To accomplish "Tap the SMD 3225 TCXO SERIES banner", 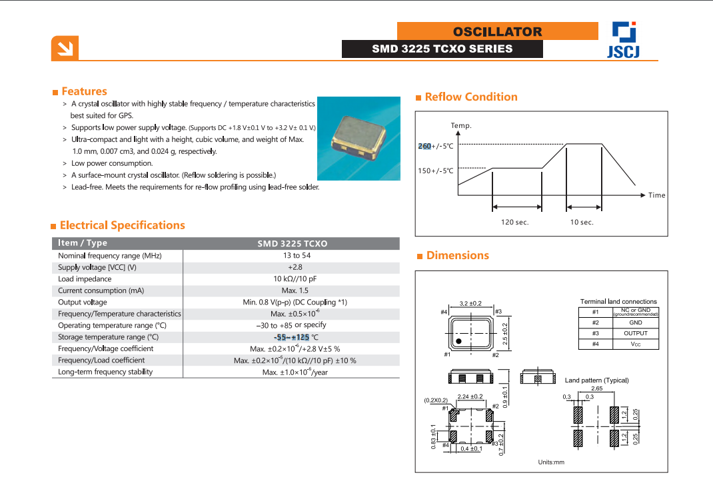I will (x=442, y=49).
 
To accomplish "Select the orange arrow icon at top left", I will (x=65, y=48).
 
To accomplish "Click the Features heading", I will (x=84, y=91).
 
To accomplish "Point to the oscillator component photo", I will (x=358, y=139).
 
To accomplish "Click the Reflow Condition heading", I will (x=470, y=97).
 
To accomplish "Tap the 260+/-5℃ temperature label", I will (x=435, y=146).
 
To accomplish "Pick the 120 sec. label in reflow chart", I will (x=514, y=222).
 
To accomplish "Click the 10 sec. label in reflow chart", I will (x=581, y=222).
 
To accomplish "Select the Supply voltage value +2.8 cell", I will (x=296, y=267).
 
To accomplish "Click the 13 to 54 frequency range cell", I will (x=296, y=255).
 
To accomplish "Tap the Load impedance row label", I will (x=85, y=278).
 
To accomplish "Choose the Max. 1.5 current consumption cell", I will (x=296, y=290).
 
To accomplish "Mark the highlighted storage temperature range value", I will (x=292, y=337).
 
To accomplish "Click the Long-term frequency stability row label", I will (x=105, y=372).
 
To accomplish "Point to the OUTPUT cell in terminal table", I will (x=635, y=333).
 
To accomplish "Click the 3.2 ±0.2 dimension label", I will (x=470, y=303).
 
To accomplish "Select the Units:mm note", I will (x=551, y=462).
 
